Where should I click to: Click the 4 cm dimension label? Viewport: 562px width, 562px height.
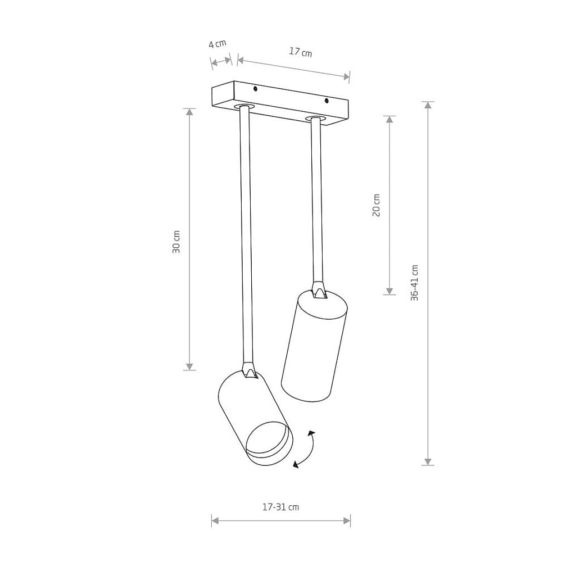(217, 44)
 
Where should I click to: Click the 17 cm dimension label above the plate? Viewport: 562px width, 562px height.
(300, 52)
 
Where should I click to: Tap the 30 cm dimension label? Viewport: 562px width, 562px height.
(176, 242)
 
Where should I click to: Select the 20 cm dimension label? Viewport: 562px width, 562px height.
(376, 205)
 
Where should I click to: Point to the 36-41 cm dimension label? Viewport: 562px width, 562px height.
(414, 283)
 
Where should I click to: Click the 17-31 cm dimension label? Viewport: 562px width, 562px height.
(280, 507)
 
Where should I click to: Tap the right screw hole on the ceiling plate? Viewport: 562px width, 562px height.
(327, 101)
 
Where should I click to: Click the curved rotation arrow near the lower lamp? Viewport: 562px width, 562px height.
(306, 450)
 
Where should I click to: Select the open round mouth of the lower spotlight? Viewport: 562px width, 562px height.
(269, 440)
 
